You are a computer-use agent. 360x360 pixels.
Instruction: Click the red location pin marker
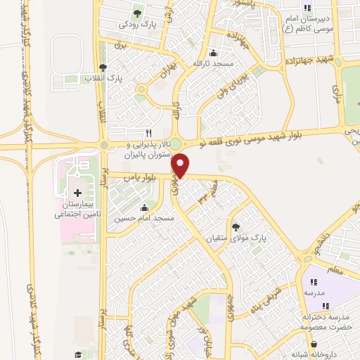pos(181,166)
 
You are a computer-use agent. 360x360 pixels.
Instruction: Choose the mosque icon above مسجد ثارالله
pos(213,53)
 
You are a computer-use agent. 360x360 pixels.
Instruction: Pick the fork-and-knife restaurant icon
pos(148,132)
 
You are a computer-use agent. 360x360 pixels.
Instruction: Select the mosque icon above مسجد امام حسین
pos(145,207)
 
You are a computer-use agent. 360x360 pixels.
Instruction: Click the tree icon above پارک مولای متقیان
pos(236,226)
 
